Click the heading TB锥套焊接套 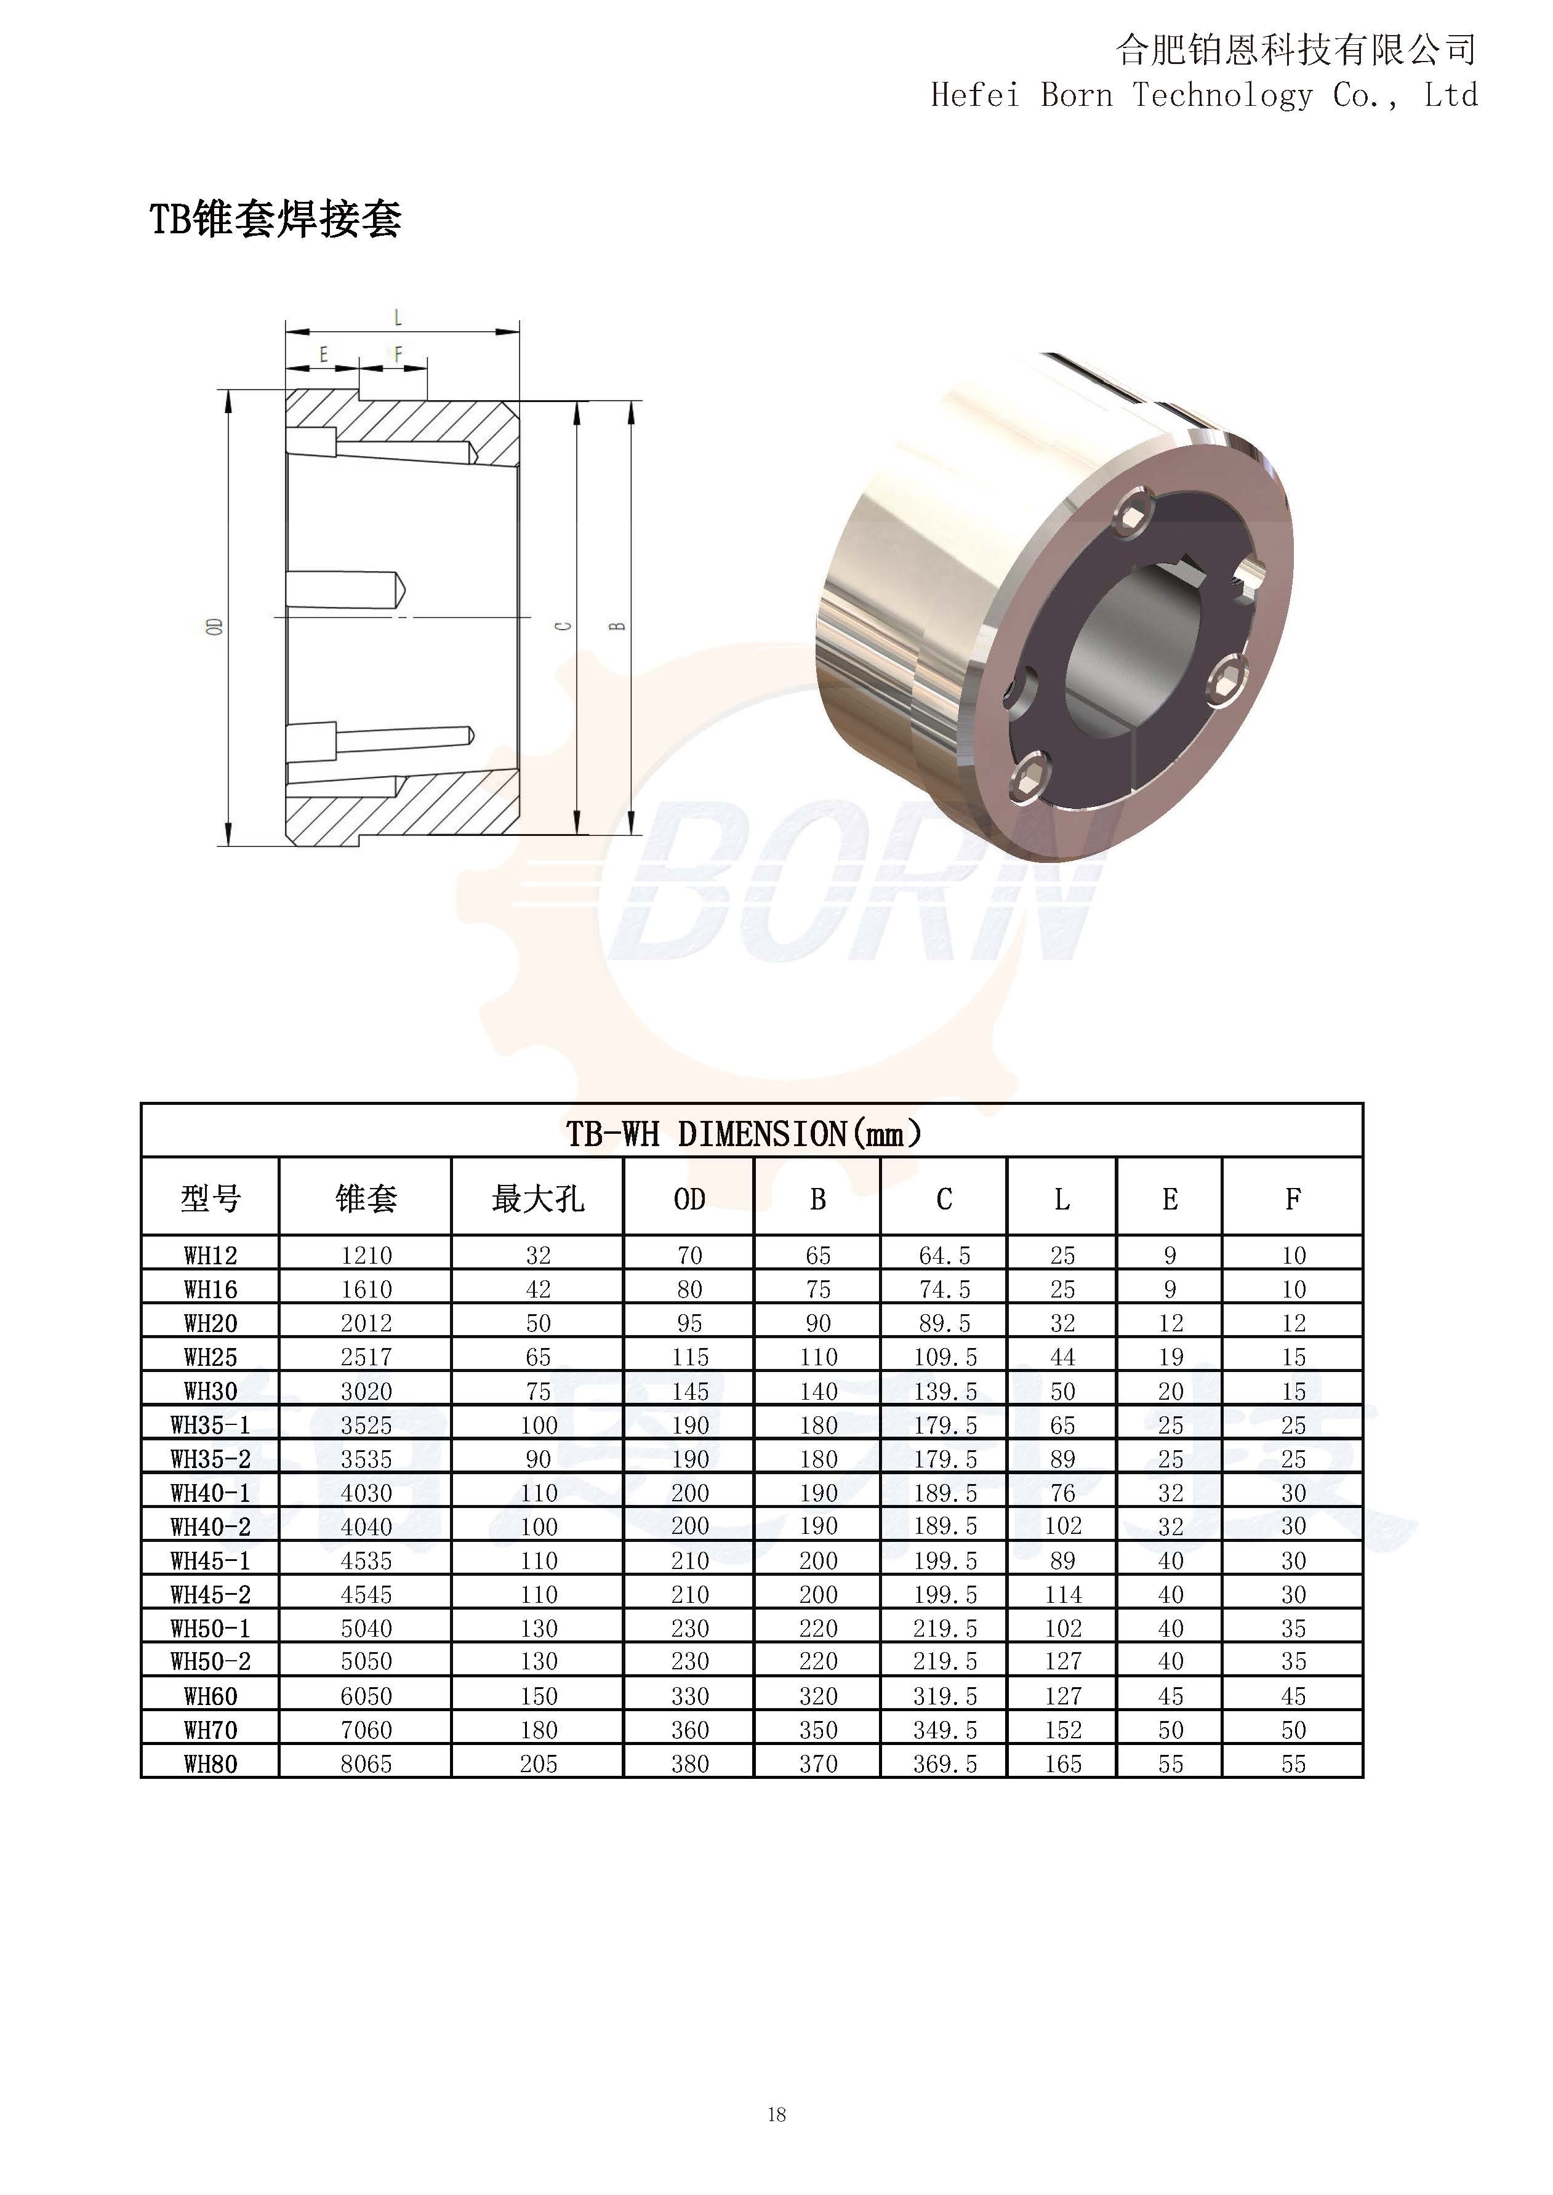(275, 219)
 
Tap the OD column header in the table (689, 1199)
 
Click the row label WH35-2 (211, 1459)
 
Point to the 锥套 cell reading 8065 (366, 1764)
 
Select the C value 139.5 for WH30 (945, 1391)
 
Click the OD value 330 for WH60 (689, 1696)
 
